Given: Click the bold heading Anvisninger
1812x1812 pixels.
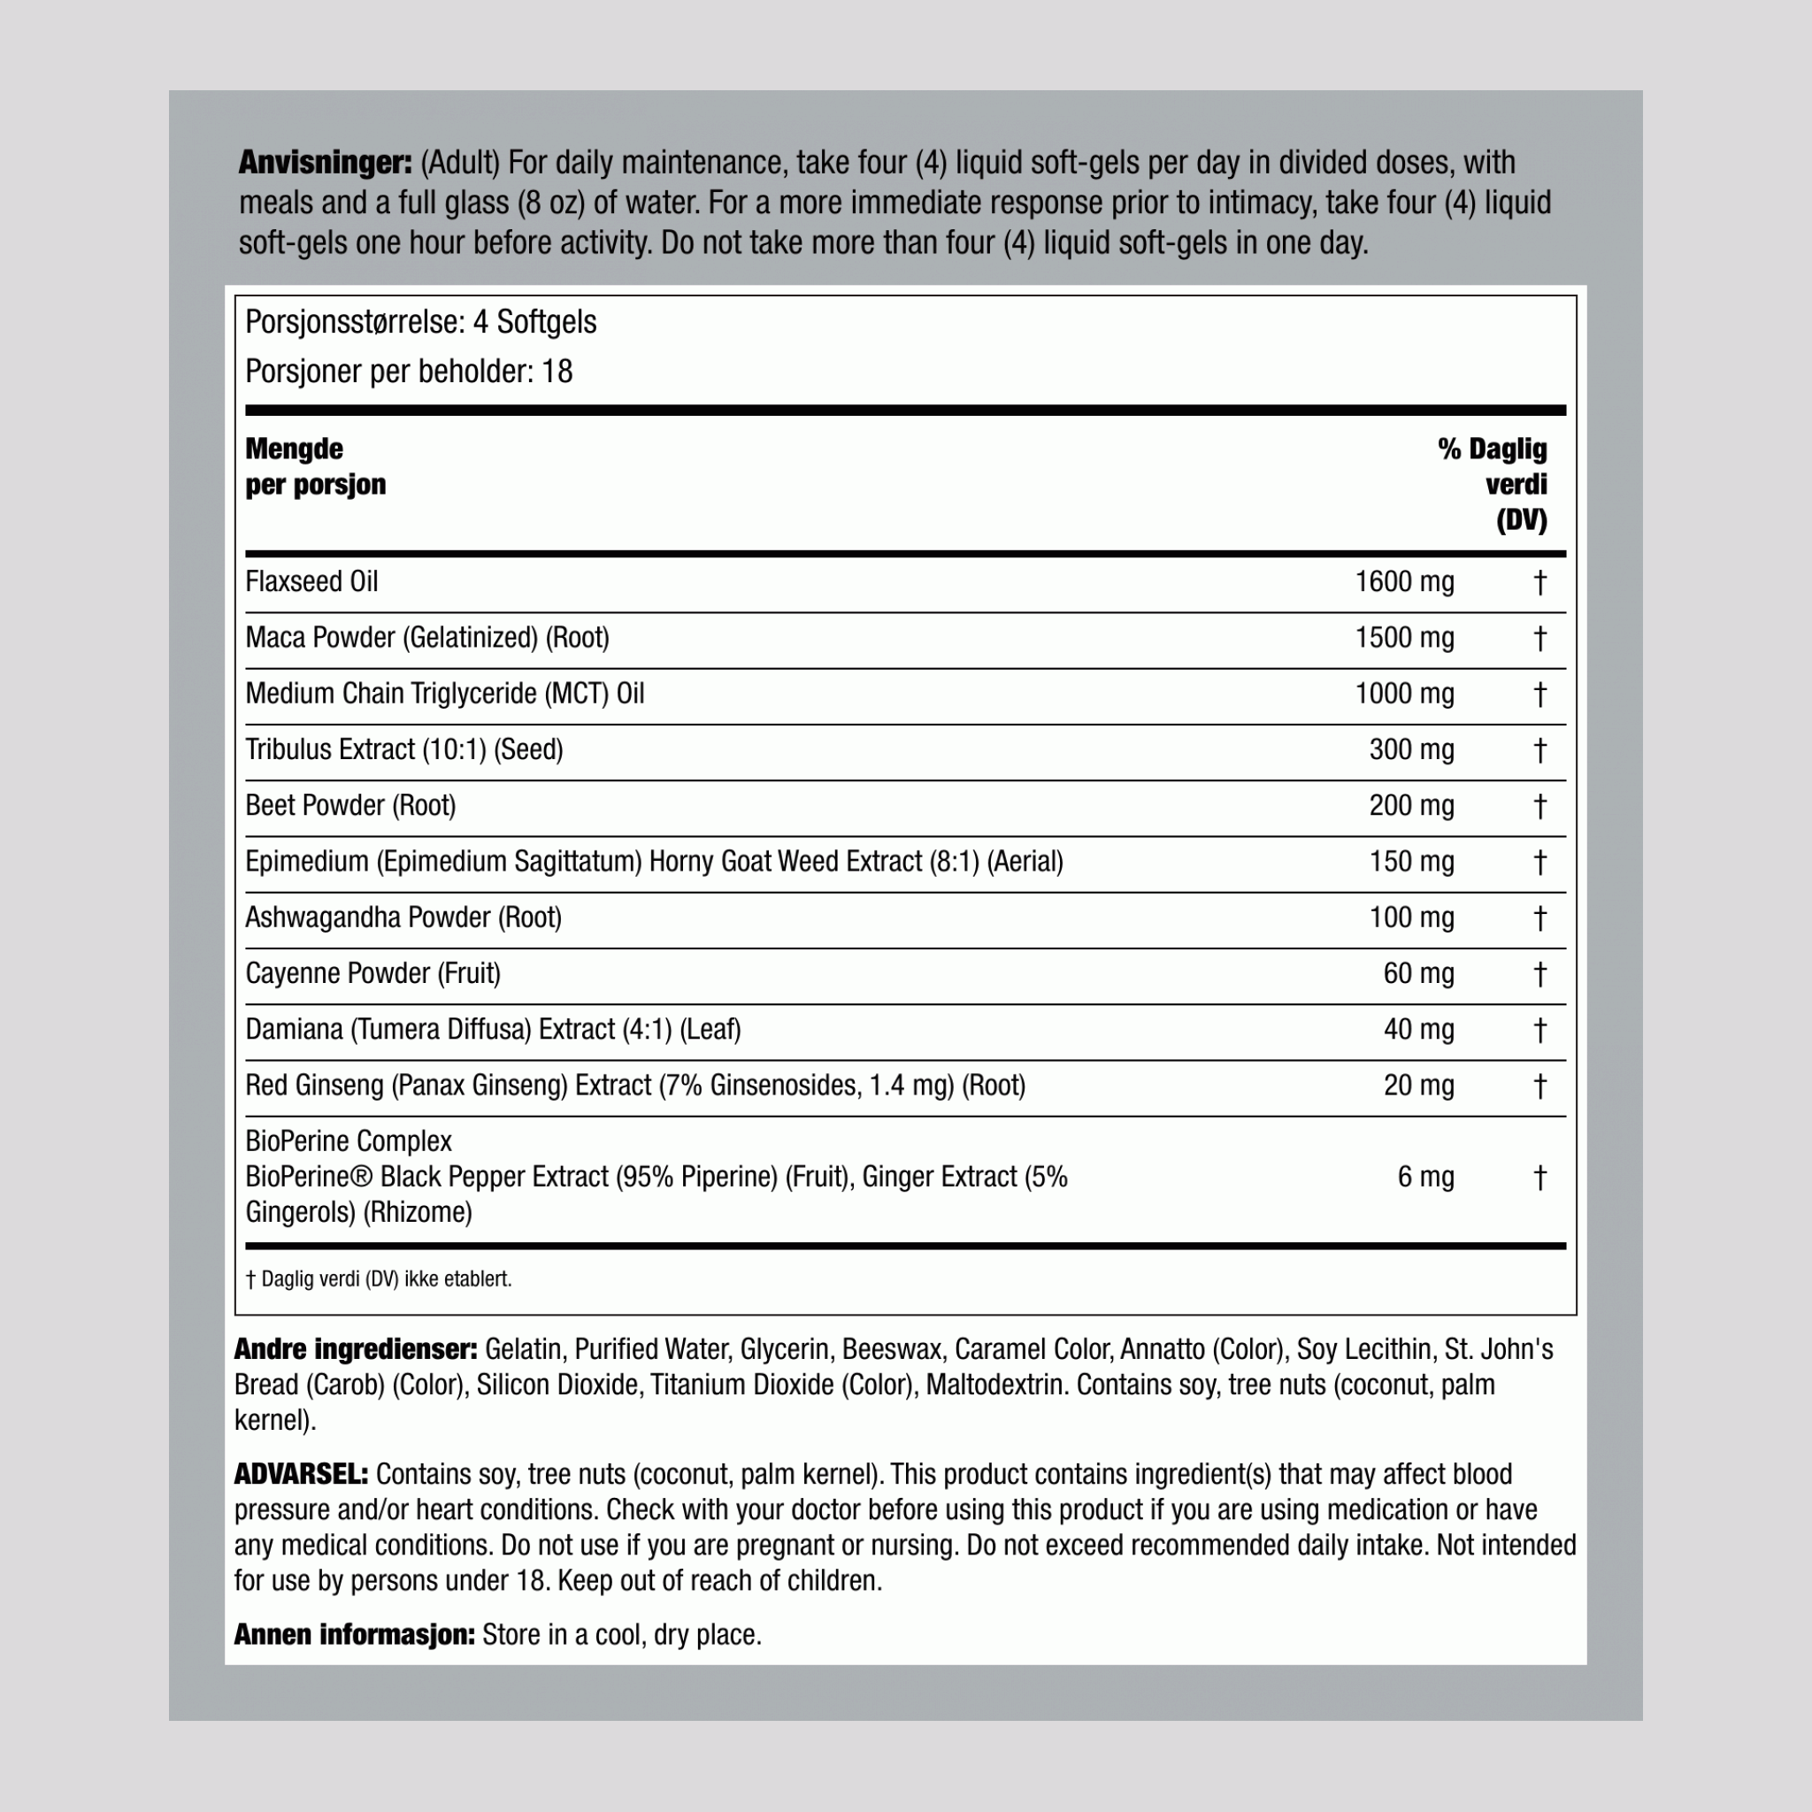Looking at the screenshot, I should [x=325, y=162].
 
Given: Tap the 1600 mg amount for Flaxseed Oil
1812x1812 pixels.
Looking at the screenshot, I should [x=1404, y=582].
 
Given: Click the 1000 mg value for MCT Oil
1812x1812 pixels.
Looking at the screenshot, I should [x=1404, y=694].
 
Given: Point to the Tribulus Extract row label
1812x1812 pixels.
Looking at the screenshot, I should [x=403, y=750].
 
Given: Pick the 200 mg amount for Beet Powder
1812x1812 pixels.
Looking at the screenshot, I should [x=1410, y=806].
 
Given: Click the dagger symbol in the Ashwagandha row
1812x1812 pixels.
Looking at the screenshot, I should [x=1539, y=918].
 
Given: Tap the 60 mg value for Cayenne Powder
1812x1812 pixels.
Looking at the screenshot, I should [x=1418, y=973].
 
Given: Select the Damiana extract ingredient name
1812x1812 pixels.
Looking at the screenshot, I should [x=493, y=1030].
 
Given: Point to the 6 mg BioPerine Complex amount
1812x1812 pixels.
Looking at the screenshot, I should [x=1424, y=1177].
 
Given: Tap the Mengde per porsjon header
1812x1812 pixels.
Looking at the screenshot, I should [x=315, y=466].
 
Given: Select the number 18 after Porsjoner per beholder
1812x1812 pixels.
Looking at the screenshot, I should [x=557, y=372].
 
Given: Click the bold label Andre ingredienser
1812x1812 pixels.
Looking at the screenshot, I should [x=356, y=1349].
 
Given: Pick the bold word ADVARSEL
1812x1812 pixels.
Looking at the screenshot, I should [x=301, y=1474].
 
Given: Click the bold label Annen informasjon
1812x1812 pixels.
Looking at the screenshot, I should [x=354, y=1635].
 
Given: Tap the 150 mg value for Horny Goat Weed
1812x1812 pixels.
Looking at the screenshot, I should [x=1410, y=862].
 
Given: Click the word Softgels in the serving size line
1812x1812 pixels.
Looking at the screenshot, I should [x=546, y=323].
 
